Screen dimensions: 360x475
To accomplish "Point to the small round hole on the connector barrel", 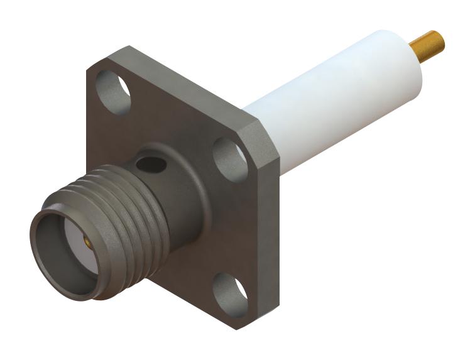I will pyautogui.click(x=151, y=165).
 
